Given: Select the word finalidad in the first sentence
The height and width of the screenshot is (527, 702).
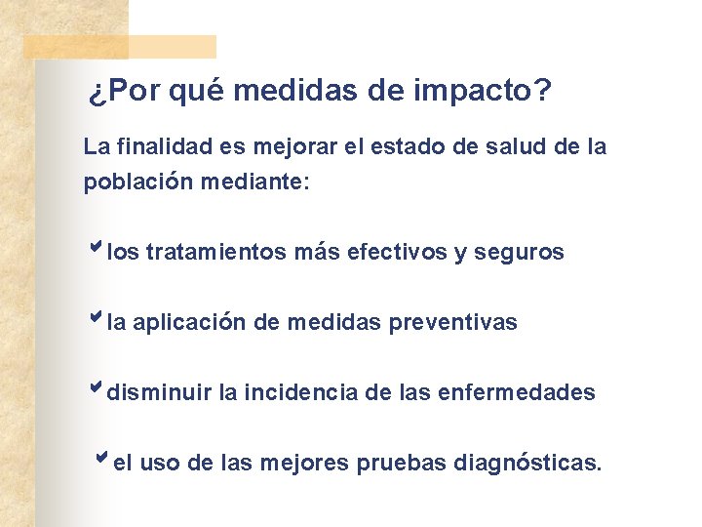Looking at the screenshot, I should click(154, 147).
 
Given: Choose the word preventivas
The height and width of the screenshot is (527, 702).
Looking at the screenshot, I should click(453, 322).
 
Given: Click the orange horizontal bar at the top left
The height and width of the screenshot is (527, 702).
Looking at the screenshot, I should click(119, 47).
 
